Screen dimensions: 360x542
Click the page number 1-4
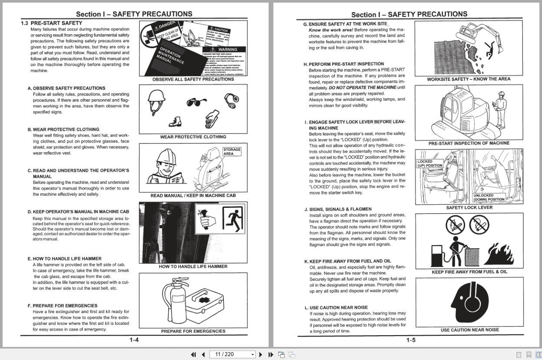coord(134,340)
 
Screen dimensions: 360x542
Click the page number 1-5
coord(411,340)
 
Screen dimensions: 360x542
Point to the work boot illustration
coord(175,122)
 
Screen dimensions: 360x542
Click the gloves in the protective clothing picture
coord(212,119)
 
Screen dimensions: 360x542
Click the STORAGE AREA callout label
coord(232,151)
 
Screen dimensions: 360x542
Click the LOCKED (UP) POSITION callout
coord(429,163)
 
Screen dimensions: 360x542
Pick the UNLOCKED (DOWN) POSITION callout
coord(489,198)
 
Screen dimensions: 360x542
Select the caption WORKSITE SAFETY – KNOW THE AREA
coord(469,79)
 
